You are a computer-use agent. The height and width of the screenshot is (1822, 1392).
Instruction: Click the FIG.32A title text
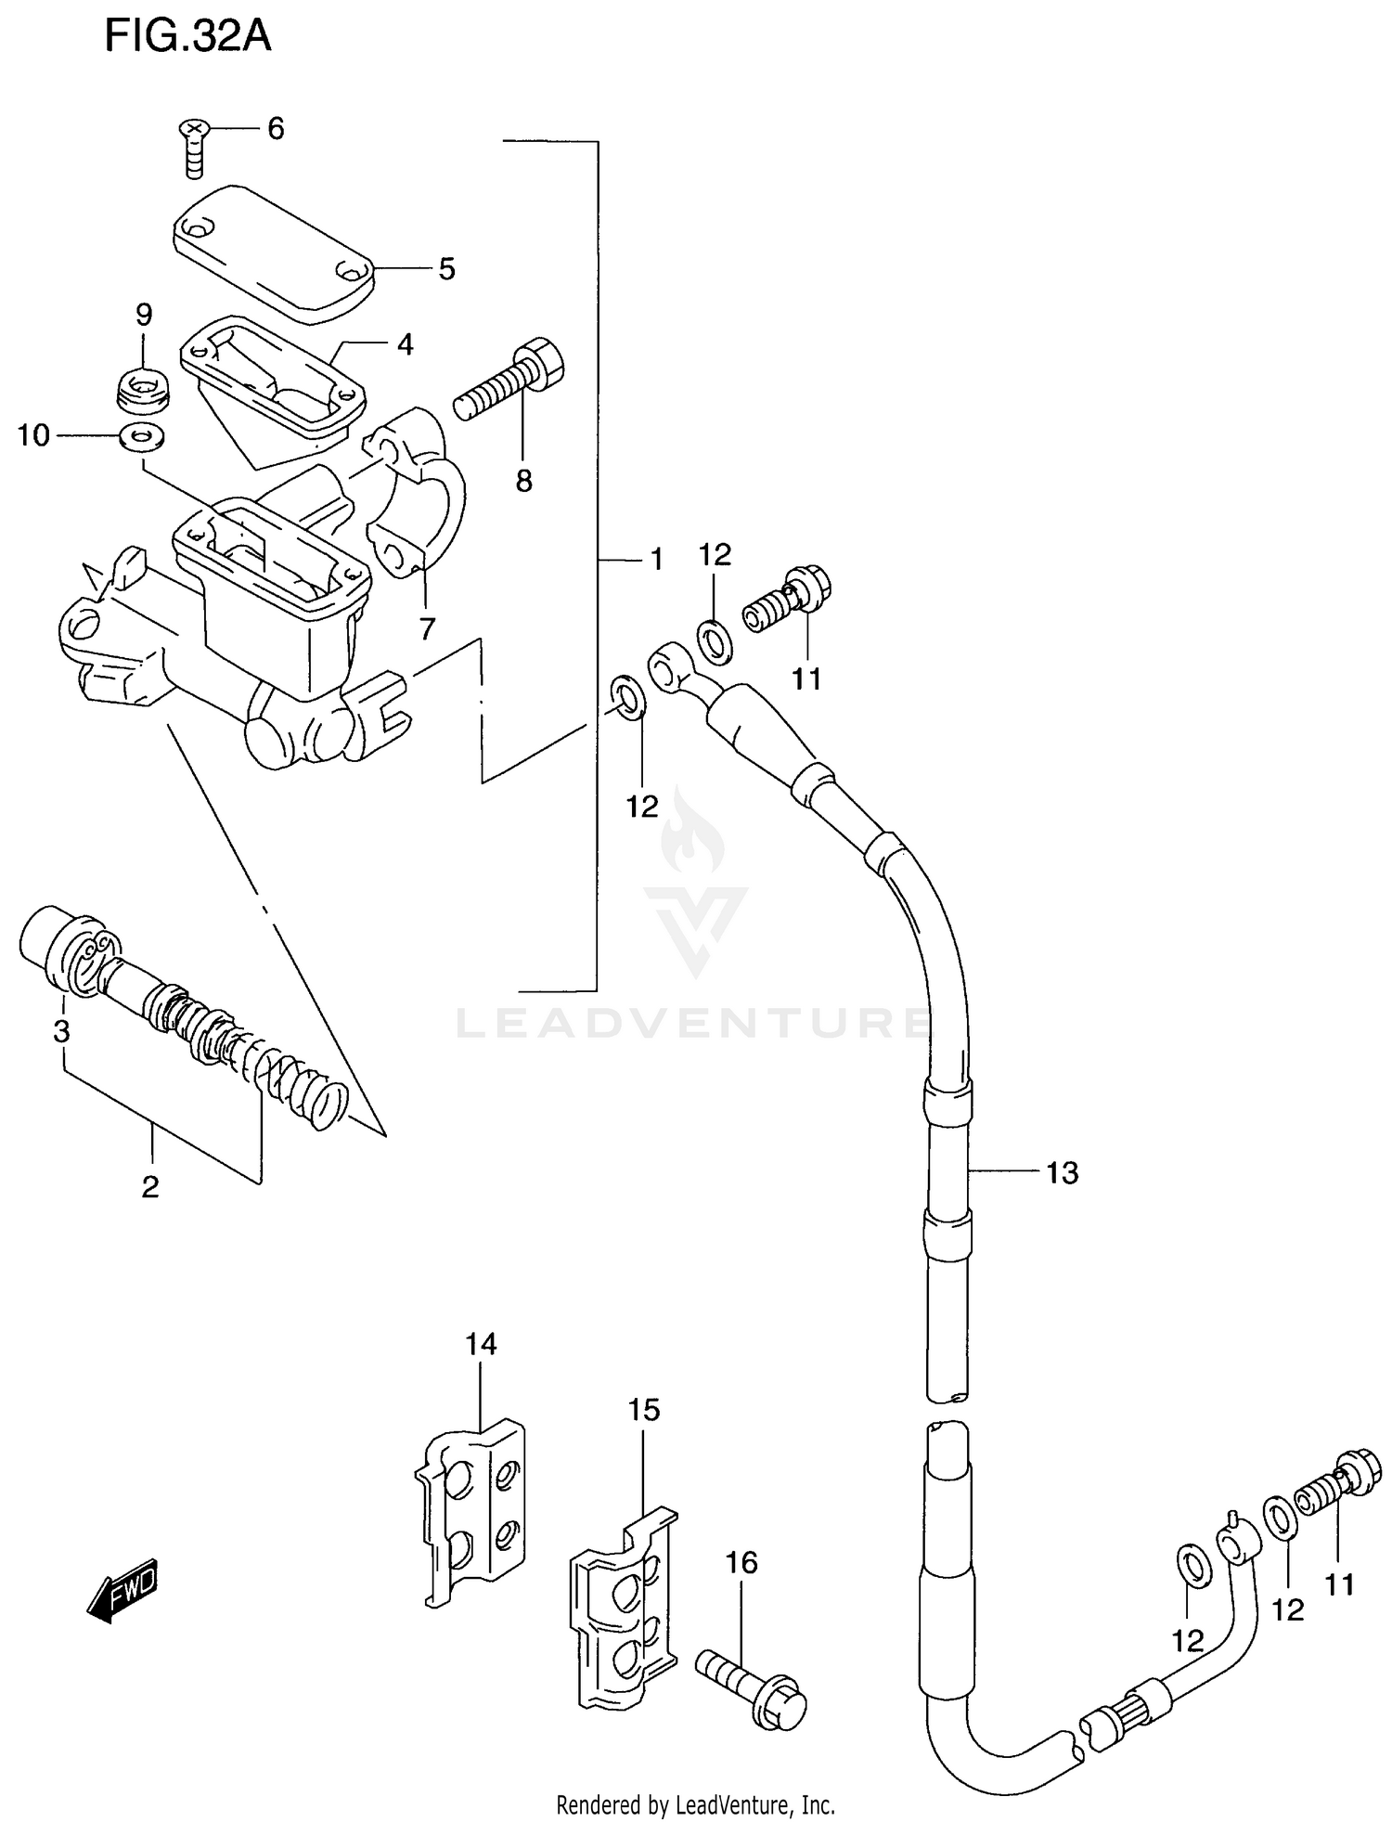pos(187,36)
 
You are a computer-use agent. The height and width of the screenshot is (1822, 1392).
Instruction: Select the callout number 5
pos(447,270)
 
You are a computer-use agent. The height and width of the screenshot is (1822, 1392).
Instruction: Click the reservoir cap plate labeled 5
pos(273,252)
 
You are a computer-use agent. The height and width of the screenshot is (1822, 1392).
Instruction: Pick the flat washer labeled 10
pos(142,434)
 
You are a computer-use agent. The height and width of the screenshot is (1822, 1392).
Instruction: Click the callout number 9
pos(144,315)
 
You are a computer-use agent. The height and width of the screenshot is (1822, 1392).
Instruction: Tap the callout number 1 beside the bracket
pos(656,560)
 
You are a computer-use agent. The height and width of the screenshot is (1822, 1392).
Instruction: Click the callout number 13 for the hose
pos(1063,1173)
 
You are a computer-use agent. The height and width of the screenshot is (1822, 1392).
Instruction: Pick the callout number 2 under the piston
pos(150,1187)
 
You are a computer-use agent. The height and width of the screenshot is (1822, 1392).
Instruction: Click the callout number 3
pos(61,1031)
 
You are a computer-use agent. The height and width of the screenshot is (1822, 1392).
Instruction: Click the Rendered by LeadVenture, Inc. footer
pos(695,1805)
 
